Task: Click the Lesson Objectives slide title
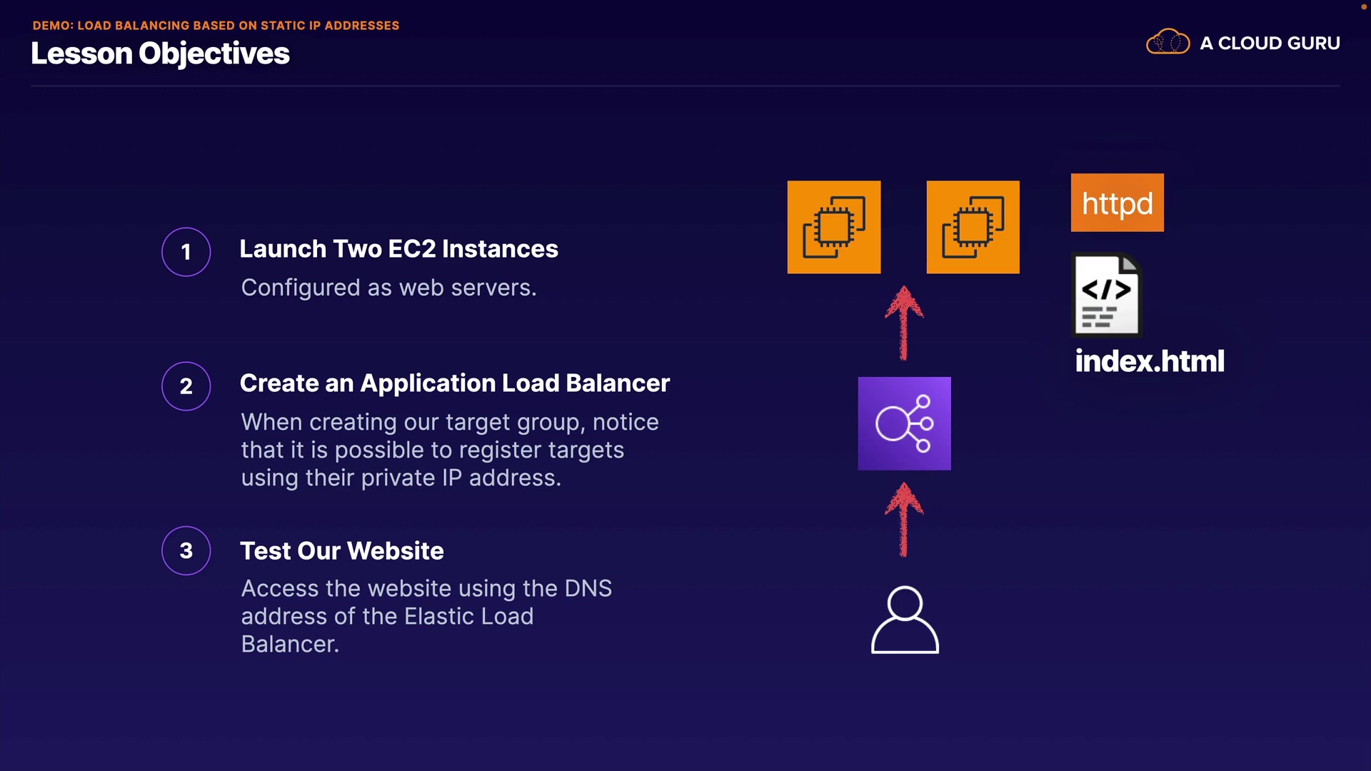tap(160, 54)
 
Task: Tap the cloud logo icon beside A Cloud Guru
tap(1167, 42)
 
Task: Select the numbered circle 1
tap(186, 252)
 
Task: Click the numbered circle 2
tap(186, 386)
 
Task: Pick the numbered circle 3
tap(186, 550)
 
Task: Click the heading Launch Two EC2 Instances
tap(398, 249)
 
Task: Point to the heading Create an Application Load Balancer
tap(454, 383)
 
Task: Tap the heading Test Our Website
tap(341, 551)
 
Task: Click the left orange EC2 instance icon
tap(833, 227)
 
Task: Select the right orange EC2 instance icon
tap(973, 227)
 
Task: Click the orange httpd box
tap(1117, 203)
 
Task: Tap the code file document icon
tap(1106, 295)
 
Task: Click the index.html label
tap(1150, 361)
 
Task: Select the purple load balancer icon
tap(904, 423)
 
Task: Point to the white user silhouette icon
tap(905, 620)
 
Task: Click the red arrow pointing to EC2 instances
tap(904, 323)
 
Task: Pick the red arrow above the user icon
tap(904, 519)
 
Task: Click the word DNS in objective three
tap(588, 589)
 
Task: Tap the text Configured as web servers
tap(388, 288)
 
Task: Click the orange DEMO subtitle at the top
tap(216, 26)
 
